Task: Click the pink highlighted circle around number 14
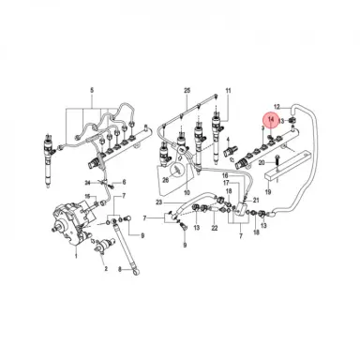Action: (x=271, y=120)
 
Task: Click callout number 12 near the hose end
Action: (x=277, y=107)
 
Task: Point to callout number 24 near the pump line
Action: (x=84, y=180)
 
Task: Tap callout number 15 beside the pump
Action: (x=91, y=198)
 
